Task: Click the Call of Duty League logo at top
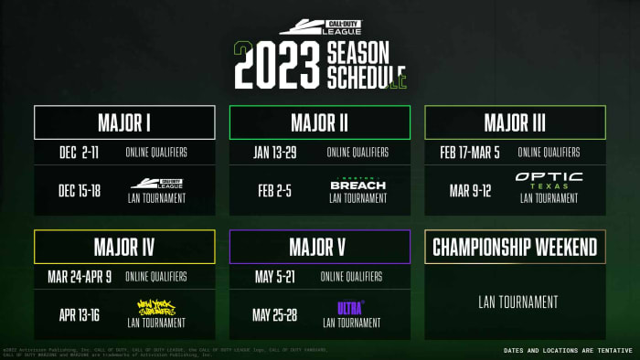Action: coord(319,28)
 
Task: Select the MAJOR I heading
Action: coord(124,122)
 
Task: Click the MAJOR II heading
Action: coord(319,122)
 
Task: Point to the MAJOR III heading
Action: coord(514,122)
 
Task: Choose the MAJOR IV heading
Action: coord(124,247)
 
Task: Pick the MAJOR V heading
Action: coord(319,247)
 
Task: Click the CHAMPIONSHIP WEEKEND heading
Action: coord(514,247)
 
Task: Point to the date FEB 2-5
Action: coord(272,190)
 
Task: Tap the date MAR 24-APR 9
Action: coord(79,276)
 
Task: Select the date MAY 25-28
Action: coord(275,315)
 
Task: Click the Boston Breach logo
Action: coord(357,184)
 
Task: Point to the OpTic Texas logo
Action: coord(549,180)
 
